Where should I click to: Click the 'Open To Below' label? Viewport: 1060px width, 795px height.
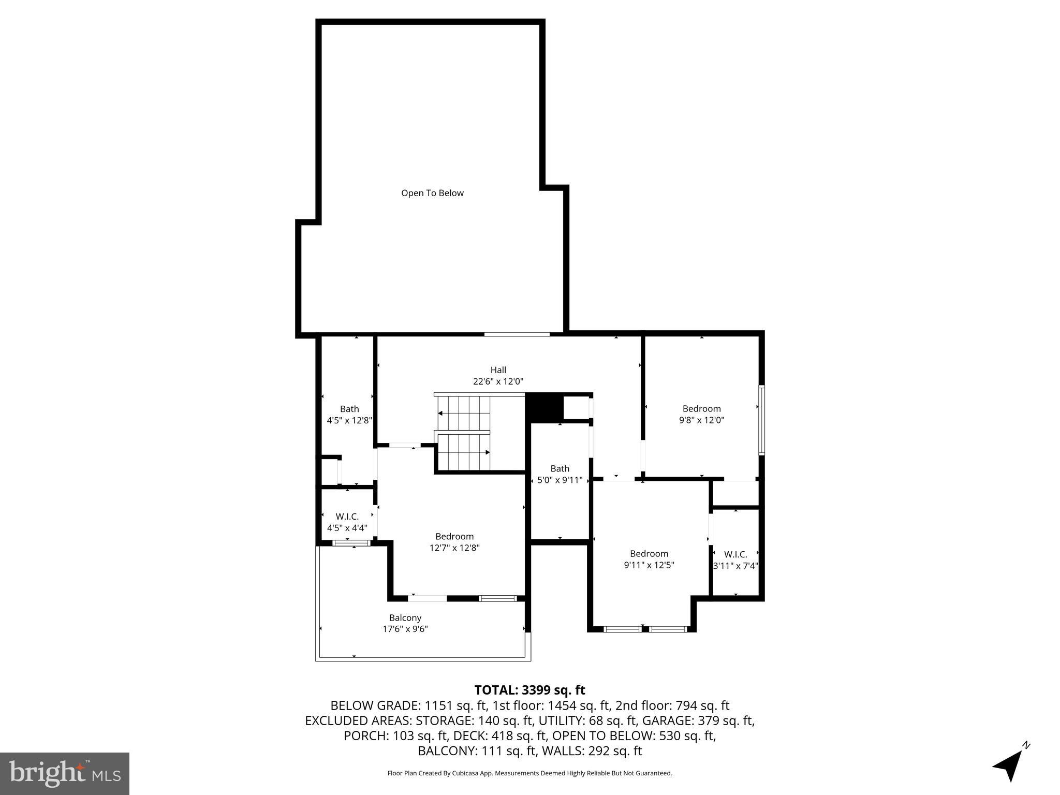tap(432, 193)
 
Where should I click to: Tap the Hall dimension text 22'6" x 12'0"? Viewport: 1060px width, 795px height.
tap(498, 381)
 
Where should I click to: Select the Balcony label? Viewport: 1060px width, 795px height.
tap(405, 617)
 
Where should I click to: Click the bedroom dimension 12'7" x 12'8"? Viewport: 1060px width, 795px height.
tap(454, 548)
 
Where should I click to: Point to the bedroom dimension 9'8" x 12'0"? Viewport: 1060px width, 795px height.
tap(701, 420)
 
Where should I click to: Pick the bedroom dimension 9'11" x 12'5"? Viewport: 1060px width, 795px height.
tap(649, 565)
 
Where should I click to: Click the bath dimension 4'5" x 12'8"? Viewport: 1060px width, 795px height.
tap(349, 420)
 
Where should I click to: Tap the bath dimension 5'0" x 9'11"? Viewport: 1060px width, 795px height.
tap(560, 480)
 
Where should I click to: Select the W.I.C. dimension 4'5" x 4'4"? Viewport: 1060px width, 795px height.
tap(347, 528)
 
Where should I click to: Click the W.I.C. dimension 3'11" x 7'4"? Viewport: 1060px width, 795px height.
tap(735, 566)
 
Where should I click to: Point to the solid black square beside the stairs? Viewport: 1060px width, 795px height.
tap(544, 407)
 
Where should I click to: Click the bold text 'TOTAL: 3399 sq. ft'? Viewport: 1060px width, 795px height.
tap(529, 690)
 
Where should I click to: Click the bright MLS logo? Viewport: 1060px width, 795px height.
tap(65, 773)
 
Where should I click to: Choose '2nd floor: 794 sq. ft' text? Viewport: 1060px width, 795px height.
tap(672, 705)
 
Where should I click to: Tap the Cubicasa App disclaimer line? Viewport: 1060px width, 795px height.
tap(529, 773)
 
